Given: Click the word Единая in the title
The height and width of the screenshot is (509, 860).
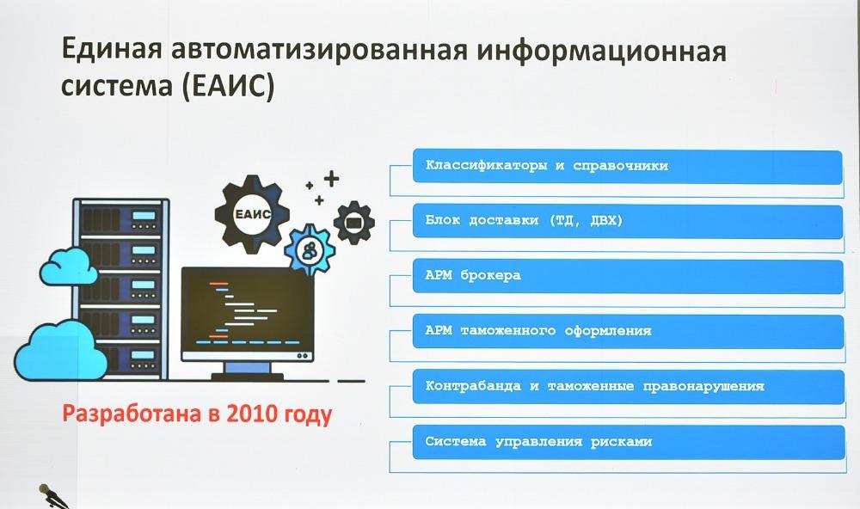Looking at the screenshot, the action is pos(112,49).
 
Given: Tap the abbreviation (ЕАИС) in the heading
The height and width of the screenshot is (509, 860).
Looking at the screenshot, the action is pos(228,86).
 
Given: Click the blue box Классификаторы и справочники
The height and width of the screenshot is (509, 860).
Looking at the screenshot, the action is pos(628,166).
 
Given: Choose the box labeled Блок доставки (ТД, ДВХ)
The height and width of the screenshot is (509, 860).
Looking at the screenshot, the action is pos(628,221).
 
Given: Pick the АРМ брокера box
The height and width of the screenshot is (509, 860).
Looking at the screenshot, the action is pos(628,276).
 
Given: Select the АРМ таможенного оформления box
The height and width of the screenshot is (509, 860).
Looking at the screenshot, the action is pos(628,331).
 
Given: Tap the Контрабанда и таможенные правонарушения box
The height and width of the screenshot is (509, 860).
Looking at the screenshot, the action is pos(629,387).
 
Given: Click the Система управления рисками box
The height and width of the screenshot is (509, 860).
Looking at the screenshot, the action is pos(630,442).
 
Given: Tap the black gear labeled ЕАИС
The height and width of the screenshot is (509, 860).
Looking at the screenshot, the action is pos(252,214).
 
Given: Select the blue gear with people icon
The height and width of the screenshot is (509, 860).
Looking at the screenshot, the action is pos(310,250).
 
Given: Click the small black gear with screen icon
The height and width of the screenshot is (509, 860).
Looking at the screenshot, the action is pos(354,222).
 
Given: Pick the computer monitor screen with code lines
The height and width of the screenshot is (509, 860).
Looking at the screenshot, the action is pos(248,314).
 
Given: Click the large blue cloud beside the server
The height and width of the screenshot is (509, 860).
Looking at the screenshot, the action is pos(60,350).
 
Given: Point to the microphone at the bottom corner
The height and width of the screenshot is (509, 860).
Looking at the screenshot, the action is pos(52,496).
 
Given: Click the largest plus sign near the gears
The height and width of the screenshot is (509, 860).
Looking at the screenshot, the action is pos(331,179).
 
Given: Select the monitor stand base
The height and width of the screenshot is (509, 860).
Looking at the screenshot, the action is pos(248,377).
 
